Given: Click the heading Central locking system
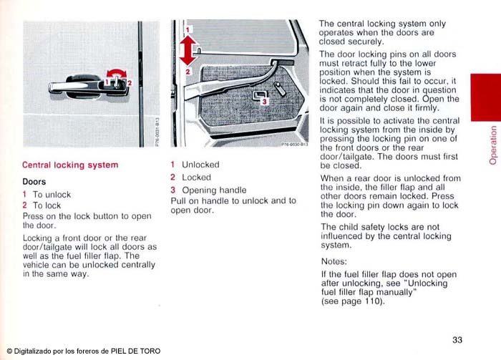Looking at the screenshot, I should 70,165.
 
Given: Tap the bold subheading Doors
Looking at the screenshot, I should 34,182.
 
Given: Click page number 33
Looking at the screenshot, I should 458,339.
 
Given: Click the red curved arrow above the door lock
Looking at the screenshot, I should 115,73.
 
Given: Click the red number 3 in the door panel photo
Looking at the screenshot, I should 263,102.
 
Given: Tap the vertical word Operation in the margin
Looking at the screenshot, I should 492,145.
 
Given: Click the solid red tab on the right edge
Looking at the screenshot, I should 485,97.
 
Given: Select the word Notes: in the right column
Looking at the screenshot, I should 334,262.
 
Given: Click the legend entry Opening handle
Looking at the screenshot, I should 214,190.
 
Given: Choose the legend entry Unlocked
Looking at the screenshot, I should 200,165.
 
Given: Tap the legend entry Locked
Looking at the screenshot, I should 196,177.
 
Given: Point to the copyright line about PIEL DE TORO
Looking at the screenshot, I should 83,351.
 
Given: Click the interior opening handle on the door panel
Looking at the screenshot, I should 256,95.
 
